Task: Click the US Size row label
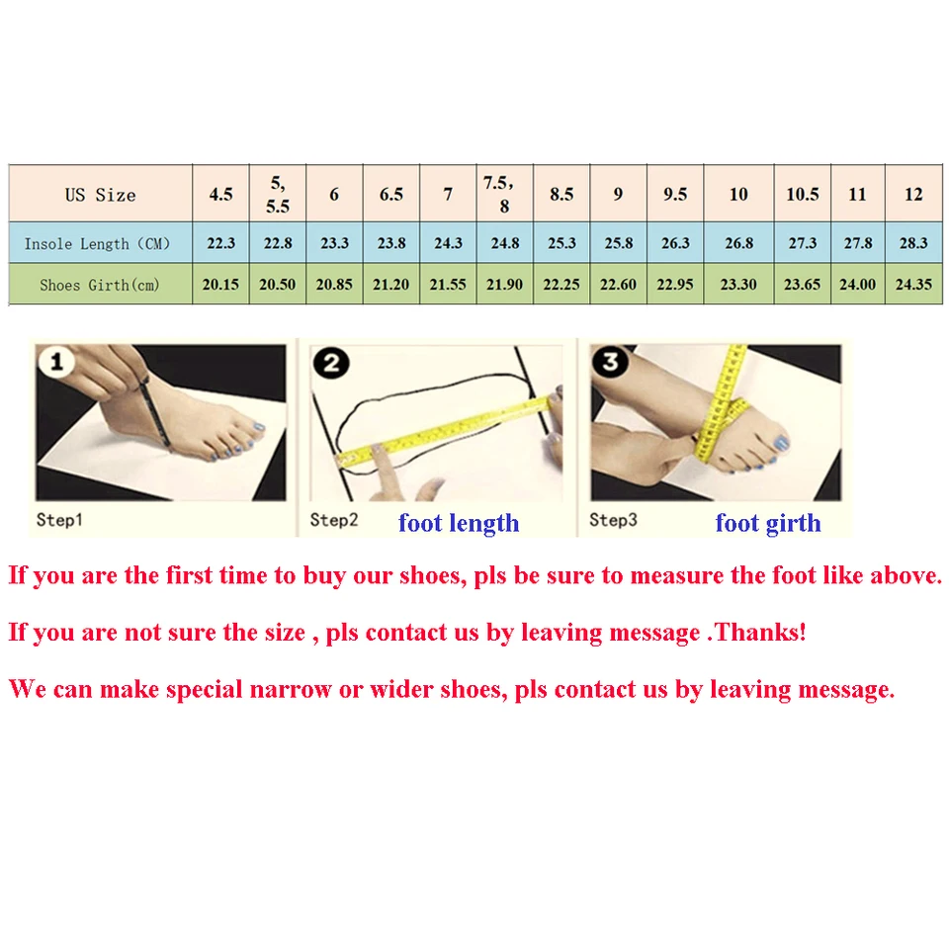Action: click(101, 195)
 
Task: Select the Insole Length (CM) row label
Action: click(97, 244)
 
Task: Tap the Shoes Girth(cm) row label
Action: click(99, 285)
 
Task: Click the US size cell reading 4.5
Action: click(220, 195)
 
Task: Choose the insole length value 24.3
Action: click(448, 243)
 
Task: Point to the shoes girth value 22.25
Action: click(561, 285)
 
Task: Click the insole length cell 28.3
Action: click(913, 243)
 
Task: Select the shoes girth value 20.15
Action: click(220, 285)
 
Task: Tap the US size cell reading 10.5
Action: click(802, 195)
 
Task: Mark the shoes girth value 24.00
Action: click(857, 285)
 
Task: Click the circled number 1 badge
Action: click(57, 362)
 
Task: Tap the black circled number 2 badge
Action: click(332, 364)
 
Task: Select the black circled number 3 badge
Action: click(611, 362)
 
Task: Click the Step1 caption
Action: click(59, 520)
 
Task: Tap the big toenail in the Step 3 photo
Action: click(781, 443)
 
